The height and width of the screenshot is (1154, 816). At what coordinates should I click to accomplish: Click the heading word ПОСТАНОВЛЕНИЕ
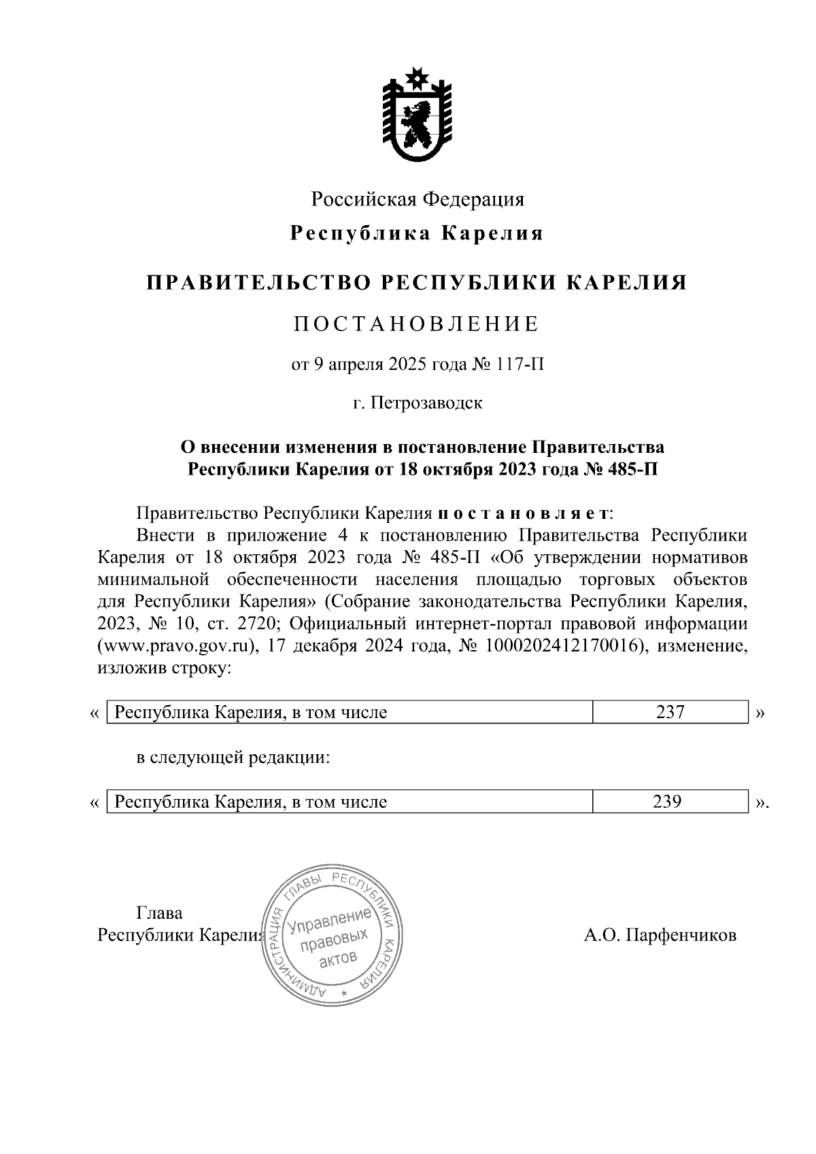pyautogui.click(x=417, y=324)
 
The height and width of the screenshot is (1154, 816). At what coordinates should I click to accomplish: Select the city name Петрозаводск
pyautogui.click(x=426, y=403)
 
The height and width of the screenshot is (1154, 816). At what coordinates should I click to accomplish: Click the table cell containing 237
pyautogui.click(x=670, y=713)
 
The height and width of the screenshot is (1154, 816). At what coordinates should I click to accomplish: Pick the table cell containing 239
pyautogui.click(x=667, y=802)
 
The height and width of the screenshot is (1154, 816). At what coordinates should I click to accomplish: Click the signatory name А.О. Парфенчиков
pyautogui.click(x=660, y=935)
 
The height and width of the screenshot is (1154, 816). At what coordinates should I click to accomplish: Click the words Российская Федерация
pyautogui.click(x=418, y=199)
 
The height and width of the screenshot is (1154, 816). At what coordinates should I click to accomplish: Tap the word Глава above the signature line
pyautogui.click(x=160, y=913)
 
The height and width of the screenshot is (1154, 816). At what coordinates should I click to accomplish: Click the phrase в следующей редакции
pyautogui.click(x=233, y=758)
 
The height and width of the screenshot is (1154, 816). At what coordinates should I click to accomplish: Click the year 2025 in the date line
pyautogui.click(x=405, y=365)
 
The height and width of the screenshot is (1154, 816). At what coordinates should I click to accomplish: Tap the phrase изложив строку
pyautogui.click(x=165, y=668)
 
